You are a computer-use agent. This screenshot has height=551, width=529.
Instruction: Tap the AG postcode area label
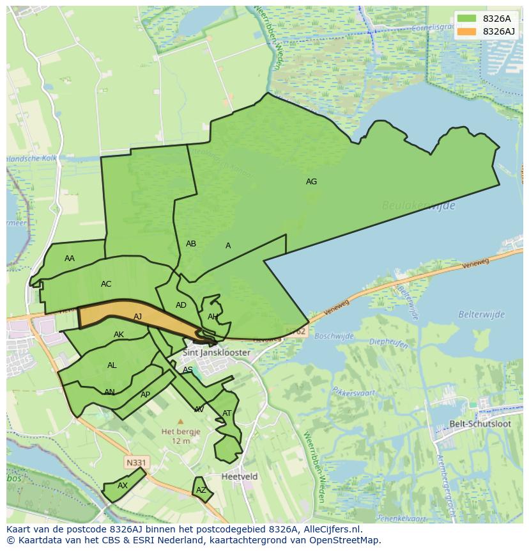(x=311, y=182)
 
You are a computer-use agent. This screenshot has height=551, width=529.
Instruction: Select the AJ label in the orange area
(x=138, y=317)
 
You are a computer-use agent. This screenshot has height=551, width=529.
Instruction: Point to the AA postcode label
(x=70, y=259)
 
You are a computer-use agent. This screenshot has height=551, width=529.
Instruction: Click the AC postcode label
(x=106, y=284)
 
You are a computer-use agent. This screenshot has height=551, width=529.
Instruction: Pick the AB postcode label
(x=191, y=244)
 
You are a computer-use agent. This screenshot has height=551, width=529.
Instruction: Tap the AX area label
(x=123, y=486)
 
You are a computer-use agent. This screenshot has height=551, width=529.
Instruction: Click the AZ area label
(x=201, y=490)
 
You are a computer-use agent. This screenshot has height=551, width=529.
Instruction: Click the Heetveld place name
(x=240, y=477)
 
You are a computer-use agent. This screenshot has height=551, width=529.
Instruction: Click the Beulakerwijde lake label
(x=418, y=205)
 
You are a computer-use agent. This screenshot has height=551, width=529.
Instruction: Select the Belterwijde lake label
(x=481, y=314)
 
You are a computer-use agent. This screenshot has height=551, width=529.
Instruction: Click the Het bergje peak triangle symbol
(x=180, y=422)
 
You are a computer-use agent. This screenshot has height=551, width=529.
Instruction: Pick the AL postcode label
(x=112, y=365)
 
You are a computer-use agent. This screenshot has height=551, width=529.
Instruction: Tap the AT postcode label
(x=227, y=413)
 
